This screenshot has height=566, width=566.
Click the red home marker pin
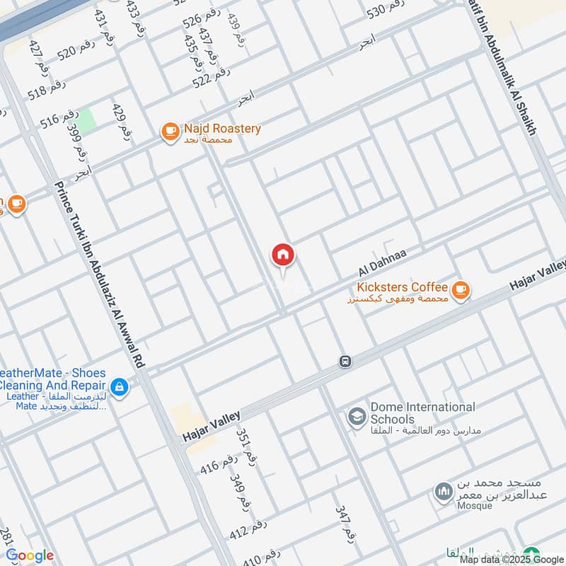[283, 256]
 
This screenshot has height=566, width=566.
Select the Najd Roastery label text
[222, 129]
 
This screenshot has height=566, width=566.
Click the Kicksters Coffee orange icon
[461, 289]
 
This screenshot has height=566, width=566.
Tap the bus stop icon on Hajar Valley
[345, 362]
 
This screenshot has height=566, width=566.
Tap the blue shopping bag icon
[120, 386]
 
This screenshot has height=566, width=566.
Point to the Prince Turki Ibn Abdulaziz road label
[99, 276]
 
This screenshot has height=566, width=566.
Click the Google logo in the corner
[30, 555]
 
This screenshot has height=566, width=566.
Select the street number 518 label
[47, 88]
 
